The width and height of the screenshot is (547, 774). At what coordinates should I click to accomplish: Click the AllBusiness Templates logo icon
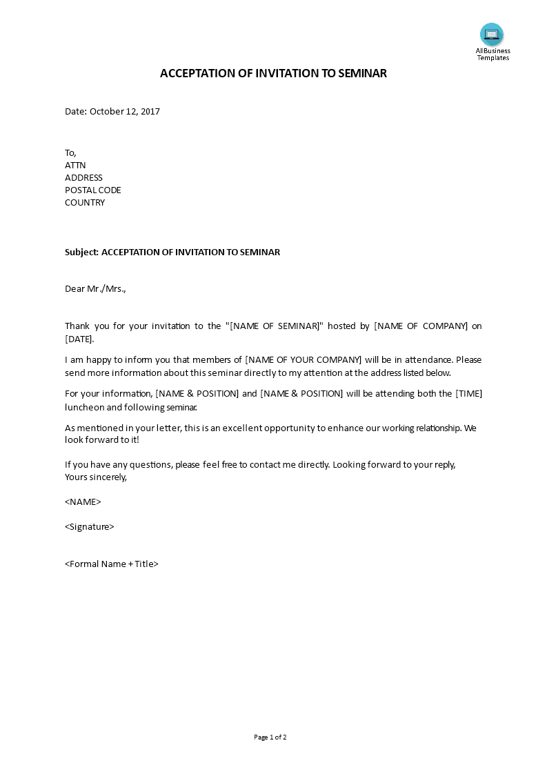click(492, 34)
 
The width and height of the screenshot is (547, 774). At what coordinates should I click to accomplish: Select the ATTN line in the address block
click(75, 165)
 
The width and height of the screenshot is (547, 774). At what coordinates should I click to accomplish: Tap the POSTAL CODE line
click(93, 190)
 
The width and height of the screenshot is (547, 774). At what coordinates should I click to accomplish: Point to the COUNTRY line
click(85, 202)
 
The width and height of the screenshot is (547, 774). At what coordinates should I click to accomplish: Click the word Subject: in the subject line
click(82, 252)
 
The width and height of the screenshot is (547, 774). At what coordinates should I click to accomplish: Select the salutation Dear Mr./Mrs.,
click(96, 288)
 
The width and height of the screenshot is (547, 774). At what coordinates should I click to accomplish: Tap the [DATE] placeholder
click(79, 339)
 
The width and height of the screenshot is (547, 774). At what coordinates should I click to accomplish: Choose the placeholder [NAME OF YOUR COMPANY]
click(304, 359)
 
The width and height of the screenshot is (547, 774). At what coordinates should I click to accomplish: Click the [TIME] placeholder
click(468, 393)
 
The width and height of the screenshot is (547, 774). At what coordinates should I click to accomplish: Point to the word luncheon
click(86, 407)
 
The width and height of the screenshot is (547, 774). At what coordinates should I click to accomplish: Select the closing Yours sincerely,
click(96, 477)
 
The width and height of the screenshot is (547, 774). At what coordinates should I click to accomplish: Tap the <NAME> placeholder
click(83, 502)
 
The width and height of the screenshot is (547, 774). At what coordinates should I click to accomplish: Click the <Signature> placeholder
click(90, 526)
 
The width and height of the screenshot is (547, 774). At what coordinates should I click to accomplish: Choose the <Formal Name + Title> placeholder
click(112, 564)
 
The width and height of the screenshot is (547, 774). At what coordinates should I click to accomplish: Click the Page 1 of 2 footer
click(270, 737)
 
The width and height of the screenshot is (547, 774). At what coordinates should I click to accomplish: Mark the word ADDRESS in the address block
click(83, 177)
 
